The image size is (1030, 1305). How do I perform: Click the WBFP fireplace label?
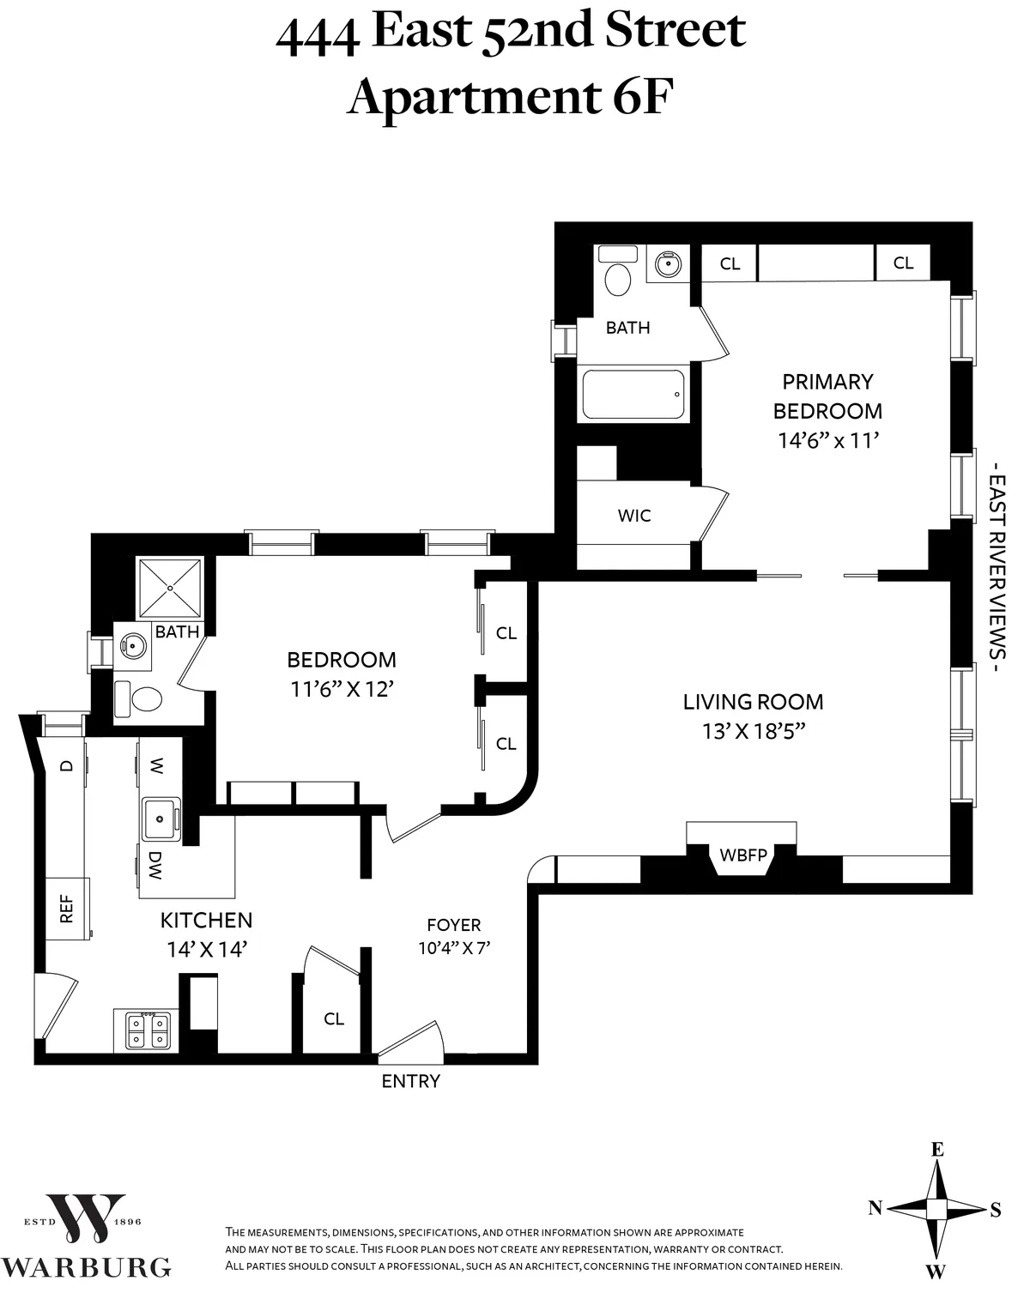point(743,855)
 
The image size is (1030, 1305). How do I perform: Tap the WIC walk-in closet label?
point(634,516)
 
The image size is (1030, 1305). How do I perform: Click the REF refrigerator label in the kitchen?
point(66,909)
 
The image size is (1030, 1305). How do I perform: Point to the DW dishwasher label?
point(155,866)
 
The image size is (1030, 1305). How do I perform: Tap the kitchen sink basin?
point(160,818)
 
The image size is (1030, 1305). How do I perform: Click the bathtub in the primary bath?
point(633,395)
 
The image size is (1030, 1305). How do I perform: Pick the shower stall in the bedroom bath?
point(171,588)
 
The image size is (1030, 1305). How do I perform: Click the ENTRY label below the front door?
point(410,1082)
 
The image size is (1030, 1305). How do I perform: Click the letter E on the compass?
point(938,1150)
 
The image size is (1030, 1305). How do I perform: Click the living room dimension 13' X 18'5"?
point(753,732)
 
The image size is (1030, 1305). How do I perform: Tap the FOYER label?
point(454,925)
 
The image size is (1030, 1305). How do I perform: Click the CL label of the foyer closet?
point(334,1018)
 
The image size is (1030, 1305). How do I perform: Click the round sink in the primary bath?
point(667,264)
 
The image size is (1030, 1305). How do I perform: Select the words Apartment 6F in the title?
point(510,96)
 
